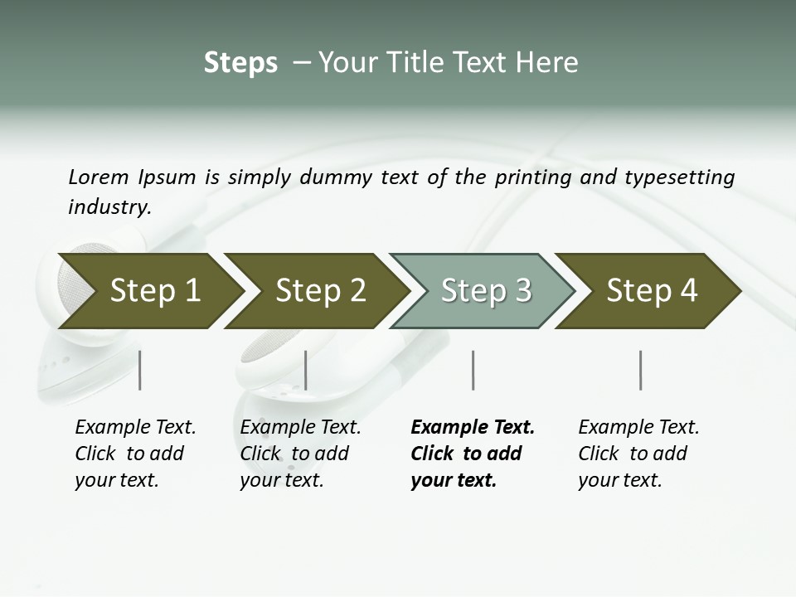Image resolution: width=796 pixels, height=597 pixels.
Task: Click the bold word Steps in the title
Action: click(240, 63)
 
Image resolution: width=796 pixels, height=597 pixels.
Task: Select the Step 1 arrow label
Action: click(155, 290)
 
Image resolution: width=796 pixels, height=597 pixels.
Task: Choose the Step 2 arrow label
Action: click(320, 290)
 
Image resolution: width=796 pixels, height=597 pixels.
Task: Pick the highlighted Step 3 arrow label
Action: click(486, 290)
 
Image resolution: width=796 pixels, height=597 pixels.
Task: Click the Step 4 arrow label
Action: click(652, 290)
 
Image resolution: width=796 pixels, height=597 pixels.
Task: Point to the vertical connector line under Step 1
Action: click(140, 370)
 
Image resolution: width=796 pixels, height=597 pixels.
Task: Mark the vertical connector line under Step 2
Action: click(306, 370)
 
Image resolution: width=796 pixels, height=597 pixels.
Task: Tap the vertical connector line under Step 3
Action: click(473, 370)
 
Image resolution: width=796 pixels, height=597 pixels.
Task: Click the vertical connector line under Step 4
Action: click(640, 370)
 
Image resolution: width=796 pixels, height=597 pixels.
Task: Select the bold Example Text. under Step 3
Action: click(473, 427)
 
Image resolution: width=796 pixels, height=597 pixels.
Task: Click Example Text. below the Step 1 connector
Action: click(135, 427)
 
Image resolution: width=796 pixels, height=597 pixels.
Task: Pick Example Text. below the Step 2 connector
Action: click(300, 427)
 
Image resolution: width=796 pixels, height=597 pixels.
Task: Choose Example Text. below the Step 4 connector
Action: click(638, 427)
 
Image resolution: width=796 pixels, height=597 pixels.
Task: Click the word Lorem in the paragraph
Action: click(99, 177)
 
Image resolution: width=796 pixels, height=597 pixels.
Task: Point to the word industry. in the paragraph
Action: click(109, 207)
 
